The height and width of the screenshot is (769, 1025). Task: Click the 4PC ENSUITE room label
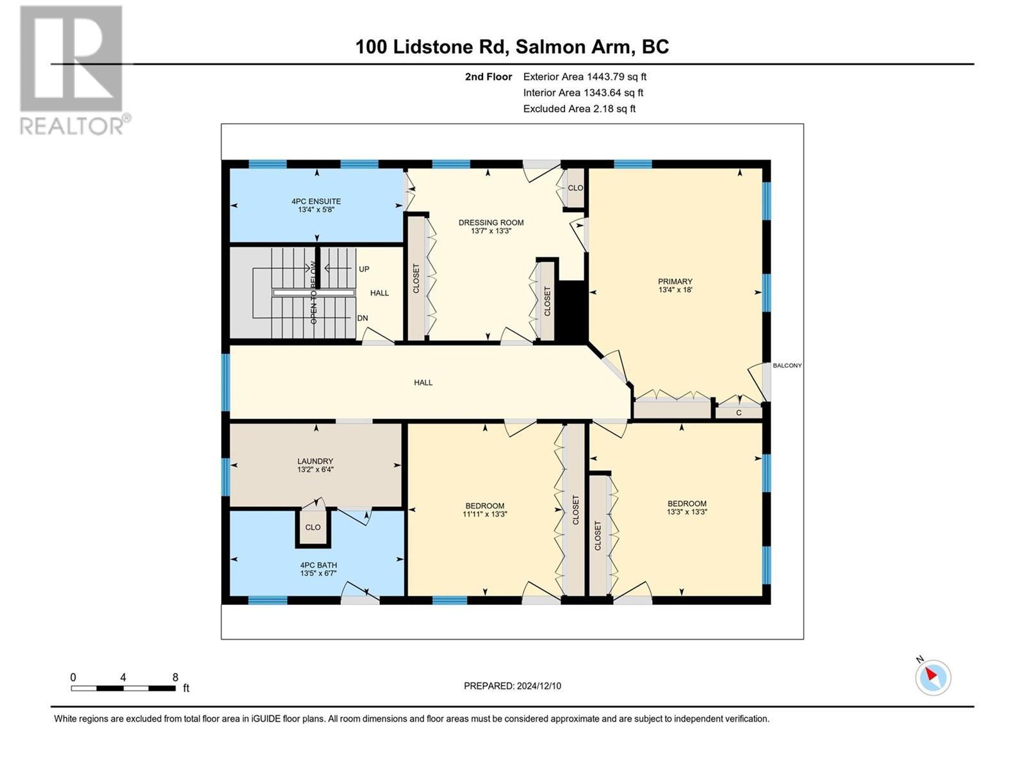point(316,201)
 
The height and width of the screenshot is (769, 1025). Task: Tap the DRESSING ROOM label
point(491,223)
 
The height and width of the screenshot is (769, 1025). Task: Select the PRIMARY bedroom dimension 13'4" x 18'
point(675,290)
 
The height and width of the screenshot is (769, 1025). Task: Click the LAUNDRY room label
point(315,461)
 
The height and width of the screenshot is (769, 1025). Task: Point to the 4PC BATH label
point(318,565)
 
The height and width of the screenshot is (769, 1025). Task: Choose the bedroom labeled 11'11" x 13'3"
point(485,514)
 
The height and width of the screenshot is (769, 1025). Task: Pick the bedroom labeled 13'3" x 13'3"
point(687,512)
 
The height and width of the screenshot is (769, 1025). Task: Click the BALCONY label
point(787,365)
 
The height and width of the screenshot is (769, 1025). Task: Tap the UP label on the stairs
point(364,269)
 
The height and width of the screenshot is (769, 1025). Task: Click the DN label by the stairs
point(363,318)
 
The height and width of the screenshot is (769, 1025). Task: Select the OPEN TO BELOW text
point(314,292)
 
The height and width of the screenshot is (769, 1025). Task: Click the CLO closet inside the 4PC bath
point(313,527)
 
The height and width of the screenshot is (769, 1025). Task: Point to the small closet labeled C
point(739,413)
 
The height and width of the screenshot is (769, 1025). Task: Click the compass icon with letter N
point(932,676)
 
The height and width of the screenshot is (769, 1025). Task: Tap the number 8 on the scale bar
point(175,677)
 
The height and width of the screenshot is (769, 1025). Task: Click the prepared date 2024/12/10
point(512,686)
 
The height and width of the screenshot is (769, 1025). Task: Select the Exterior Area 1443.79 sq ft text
point(584,76)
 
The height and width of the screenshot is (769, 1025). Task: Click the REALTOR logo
point(74,70)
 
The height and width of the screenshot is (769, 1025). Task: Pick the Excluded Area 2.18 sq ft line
point(579,108)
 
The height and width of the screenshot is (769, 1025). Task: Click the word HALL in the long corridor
point(423,383)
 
